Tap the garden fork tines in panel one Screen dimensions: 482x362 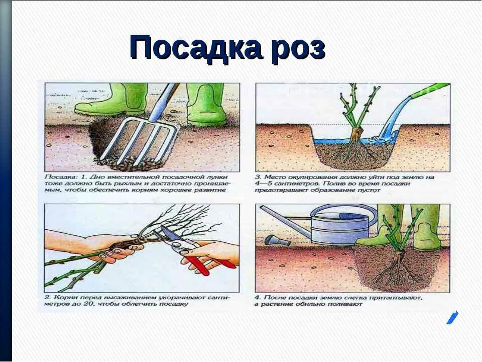coord(139,140)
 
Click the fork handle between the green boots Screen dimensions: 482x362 coord(163,102)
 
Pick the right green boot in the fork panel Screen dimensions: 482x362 coord(204,104)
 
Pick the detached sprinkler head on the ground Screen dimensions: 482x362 coord(278,240)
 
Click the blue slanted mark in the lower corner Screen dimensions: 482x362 coord(452,318)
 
